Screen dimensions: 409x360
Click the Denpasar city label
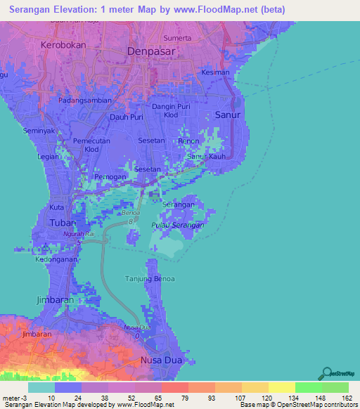[150, 51]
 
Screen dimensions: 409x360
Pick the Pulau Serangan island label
[178, 225]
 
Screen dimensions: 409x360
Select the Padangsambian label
[84, 100]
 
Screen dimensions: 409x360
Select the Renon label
[189, 141]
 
